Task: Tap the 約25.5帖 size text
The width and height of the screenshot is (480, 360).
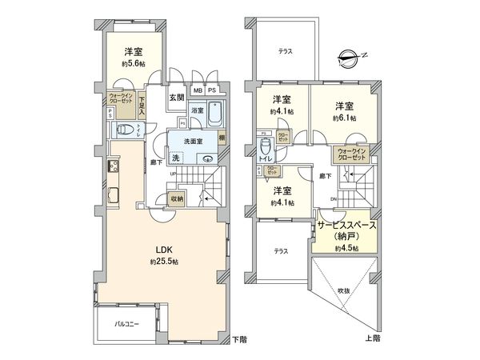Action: tap(163, 262)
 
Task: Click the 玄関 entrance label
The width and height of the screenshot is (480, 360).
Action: tap(176, 98)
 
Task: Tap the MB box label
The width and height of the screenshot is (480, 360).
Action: tap(197, 91)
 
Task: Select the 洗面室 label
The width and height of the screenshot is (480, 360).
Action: tap(194, 142)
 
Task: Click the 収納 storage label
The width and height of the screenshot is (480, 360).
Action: tap(175, 199)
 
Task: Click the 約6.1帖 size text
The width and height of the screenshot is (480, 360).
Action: tap(345, 118)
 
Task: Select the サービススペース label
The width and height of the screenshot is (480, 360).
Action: tap(346, 227)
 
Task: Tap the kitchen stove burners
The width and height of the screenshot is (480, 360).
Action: tap(113, 167)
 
